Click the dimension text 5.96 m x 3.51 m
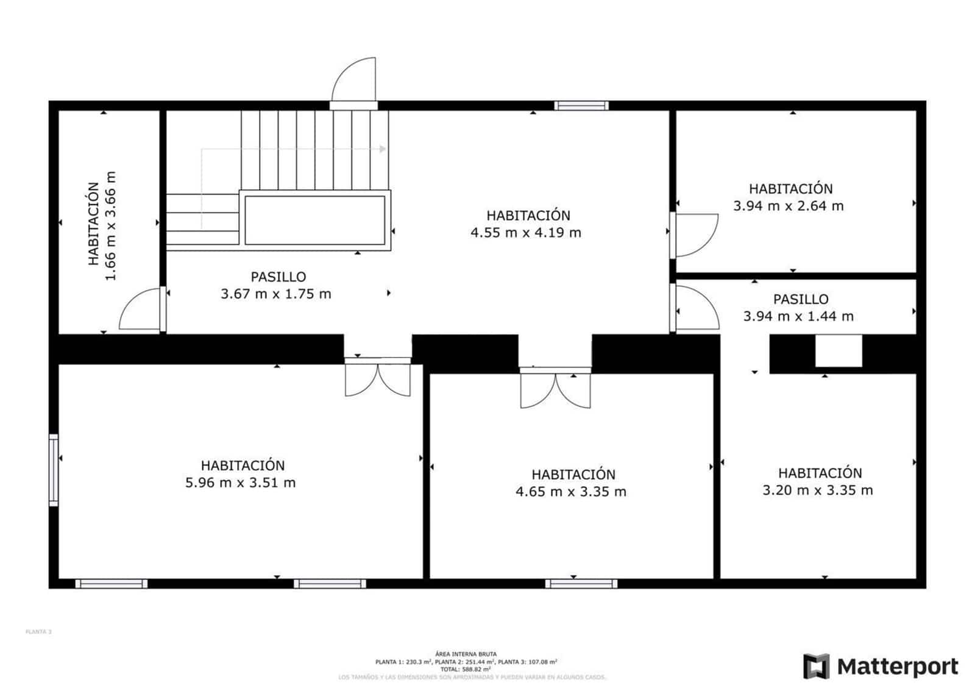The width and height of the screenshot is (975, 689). coord(240,483)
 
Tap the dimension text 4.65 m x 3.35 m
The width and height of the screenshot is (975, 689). coord(570,492)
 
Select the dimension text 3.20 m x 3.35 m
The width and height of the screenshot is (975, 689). coord(817,490)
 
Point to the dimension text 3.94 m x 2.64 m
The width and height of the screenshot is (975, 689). coord(788,206)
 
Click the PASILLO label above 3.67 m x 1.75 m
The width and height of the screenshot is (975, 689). coord(278,277)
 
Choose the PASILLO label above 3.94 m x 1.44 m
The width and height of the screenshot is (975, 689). coord(800,299)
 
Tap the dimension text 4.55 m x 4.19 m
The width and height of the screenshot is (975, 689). coord(525,233)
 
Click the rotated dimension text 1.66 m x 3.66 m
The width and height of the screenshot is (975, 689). coord(110,225)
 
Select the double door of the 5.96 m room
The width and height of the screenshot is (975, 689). coord(378,378)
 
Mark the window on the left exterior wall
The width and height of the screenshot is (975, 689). coord(54,470)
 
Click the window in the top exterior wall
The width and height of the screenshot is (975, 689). coord(581,106)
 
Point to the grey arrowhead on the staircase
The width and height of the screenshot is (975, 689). coord(383,149)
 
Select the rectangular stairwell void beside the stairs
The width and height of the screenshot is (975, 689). coord(314,220)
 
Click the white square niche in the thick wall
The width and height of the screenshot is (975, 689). coord(838,351)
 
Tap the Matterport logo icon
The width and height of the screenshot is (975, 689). coord(816,666)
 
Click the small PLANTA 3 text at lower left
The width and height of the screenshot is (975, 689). coord(38,632)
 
